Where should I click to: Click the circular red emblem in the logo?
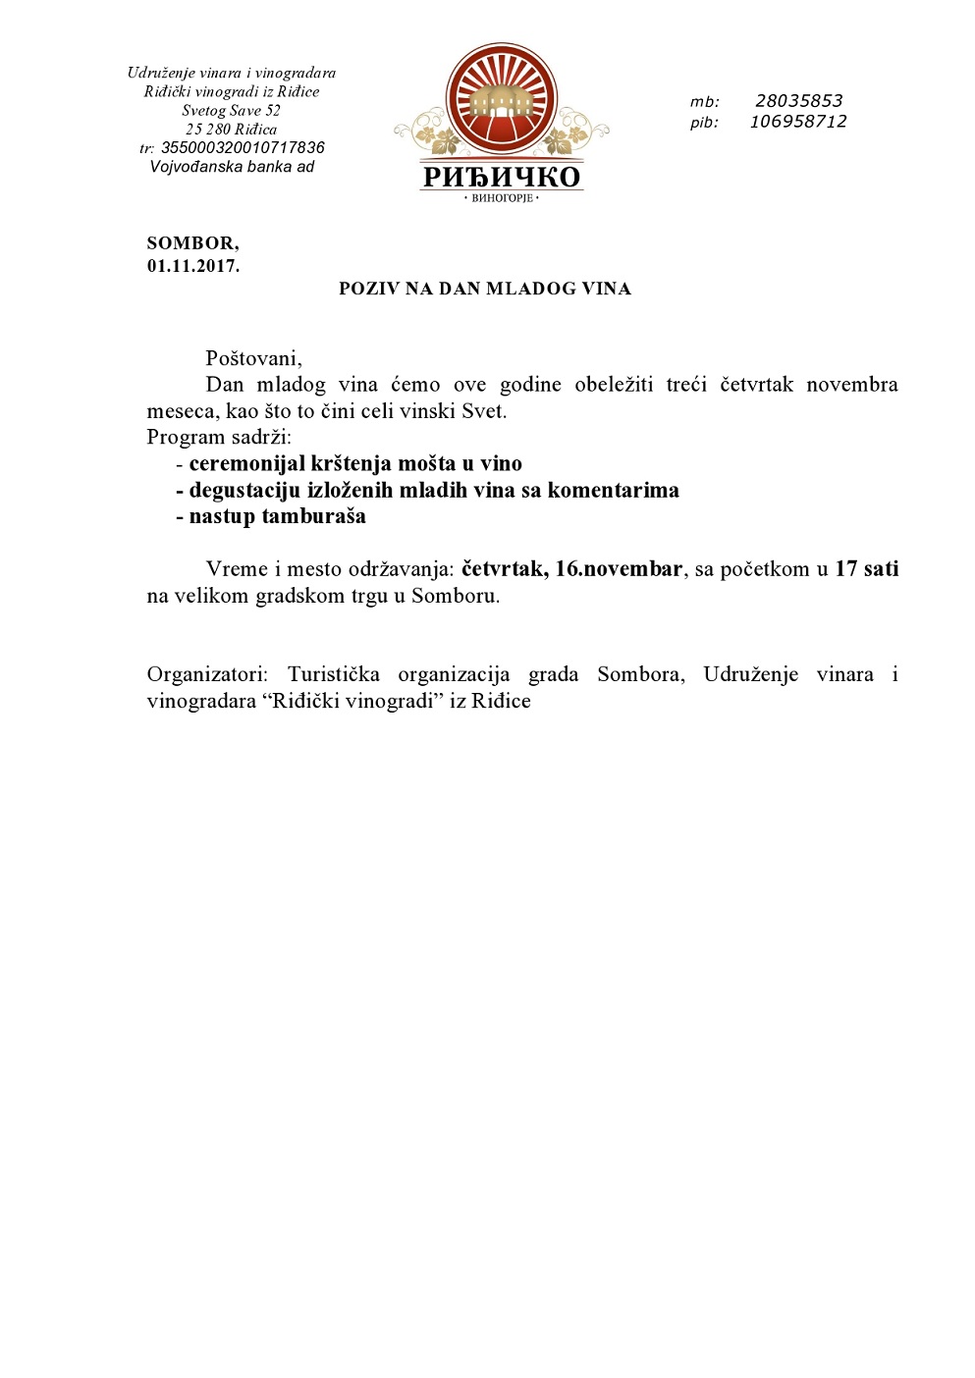click(502, 100)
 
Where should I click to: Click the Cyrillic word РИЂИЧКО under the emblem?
click(502, 177)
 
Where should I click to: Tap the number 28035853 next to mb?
click(798, 101)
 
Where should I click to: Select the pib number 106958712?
click(797, 122)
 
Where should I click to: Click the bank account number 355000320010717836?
click(243, 148)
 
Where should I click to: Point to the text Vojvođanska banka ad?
click(232, 167)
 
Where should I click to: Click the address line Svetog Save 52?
click(231, 111)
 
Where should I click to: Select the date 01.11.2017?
click(192, 266)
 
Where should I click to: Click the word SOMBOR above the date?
click(191, 243)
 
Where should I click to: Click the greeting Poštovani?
click(253, 358)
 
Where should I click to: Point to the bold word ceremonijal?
click(246, 464)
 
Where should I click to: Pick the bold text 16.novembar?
click(619, 569)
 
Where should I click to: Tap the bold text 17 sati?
click(866, 569)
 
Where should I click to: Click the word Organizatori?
click(206, 675)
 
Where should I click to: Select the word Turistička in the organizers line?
click(333, 675)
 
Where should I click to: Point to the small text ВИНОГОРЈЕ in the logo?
click(502, 198)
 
